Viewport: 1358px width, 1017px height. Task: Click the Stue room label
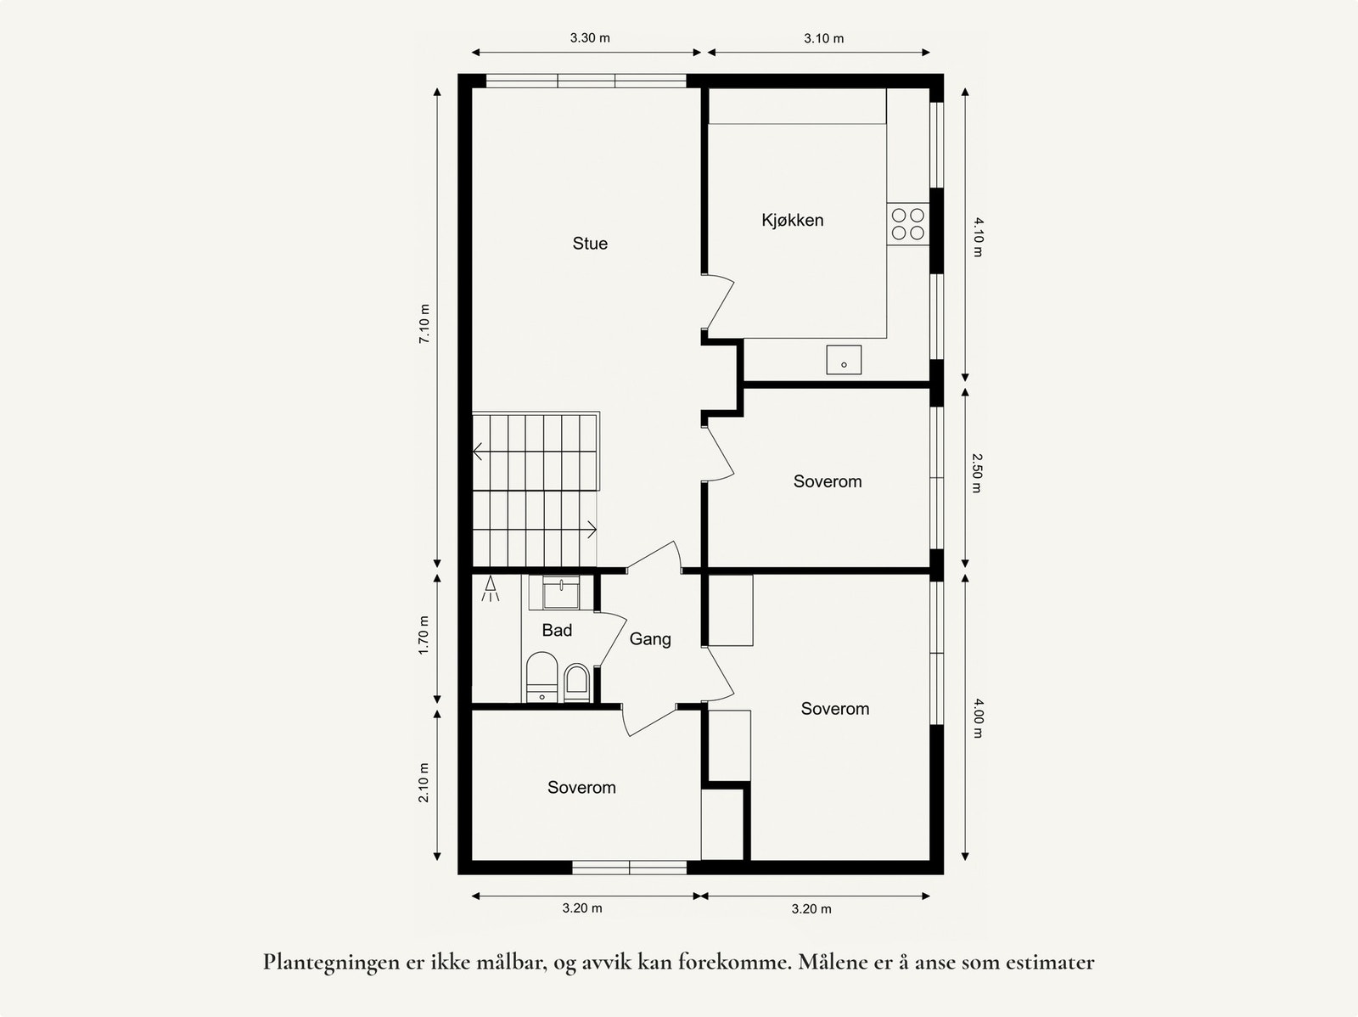[590, 244]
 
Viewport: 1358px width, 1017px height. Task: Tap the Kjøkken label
[792, 220]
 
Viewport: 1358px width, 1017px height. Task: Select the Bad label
[557, 630]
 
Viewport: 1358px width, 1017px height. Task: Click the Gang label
[650, 639]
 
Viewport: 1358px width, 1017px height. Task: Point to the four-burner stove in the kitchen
[907, 224]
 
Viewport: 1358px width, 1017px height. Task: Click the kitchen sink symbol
[844, 360]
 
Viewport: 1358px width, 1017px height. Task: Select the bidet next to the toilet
[576, 683]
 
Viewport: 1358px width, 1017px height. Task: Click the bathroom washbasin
[561, 593]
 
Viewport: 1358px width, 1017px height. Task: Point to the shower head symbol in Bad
[491, 588]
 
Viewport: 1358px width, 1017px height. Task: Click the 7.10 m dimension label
[424, 323]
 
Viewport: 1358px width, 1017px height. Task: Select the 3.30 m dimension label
[590, 38]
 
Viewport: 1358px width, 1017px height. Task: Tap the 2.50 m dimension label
[977, 474]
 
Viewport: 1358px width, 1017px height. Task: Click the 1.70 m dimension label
[424, 634]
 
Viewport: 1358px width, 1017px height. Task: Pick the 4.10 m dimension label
[977, 237]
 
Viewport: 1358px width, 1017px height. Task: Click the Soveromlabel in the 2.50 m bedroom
[828, 481]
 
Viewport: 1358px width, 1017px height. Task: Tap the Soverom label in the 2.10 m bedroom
[581, 788]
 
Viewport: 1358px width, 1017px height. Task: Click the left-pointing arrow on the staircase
[479, 452]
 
